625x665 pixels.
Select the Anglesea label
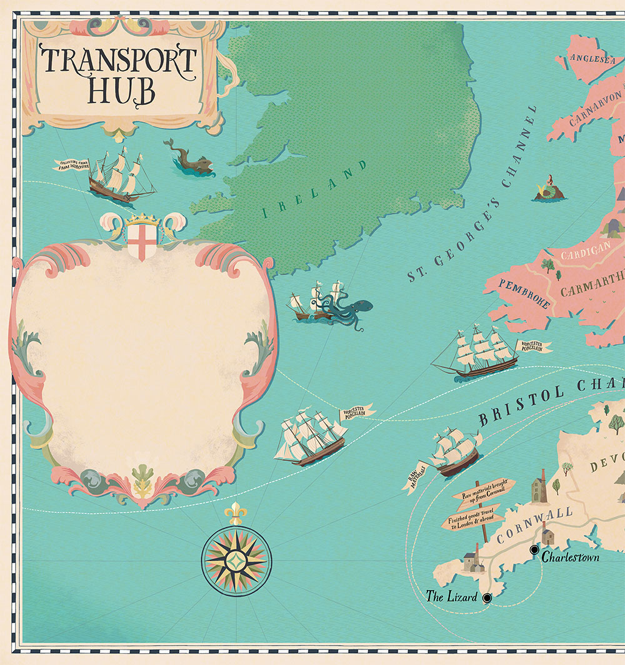586,59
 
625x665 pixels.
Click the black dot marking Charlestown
534,550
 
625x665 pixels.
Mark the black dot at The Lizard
487,598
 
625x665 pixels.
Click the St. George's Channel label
472,194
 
